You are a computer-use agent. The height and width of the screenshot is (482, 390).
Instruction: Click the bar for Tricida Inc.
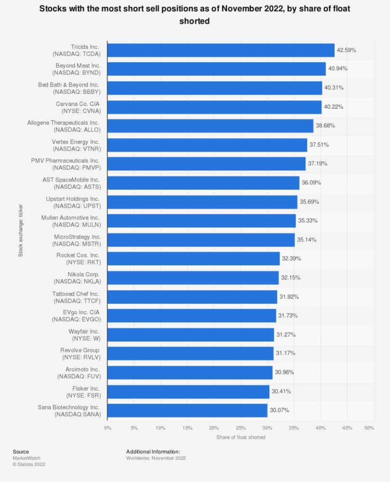(x=221, y=50)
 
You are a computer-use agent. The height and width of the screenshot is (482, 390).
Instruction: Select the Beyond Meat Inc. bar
(x=217, y=69)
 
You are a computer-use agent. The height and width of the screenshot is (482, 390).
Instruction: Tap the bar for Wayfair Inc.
(x=191, y=335)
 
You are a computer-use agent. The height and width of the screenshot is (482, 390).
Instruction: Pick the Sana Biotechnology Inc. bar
(x=187, y=410)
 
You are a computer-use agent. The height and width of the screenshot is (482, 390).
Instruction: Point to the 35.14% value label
(x=306, y=240)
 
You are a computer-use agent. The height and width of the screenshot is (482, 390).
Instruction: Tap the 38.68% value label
(x=325, y=126)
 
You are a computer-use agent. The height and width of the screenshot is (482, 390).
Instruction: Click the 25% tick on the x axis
(x=241, y=428)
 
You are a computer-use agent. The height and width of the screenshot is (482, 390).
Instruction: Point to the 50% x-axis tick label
(x=369, y=428)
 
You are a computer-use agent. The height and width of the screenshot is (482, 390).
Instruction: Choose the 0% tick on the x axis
(x=108, y=428)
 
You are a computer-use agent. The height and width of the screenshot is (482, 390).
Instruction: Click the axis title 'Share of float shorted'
(x=241, y=437)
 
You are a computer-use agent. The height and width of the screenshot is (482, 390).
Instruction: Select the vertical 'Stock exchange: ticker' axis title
(x=20, y=230)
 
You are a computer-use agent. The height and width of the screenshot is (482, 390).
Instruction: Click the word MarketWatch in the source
(x=26, y=458)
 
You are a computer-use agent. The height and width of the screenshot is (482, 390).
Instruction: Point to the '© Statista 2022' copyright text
(x=29, y=464)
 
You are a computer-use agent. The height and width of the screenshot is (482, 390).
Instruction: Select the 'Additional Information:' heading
(x=153, y=451)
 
